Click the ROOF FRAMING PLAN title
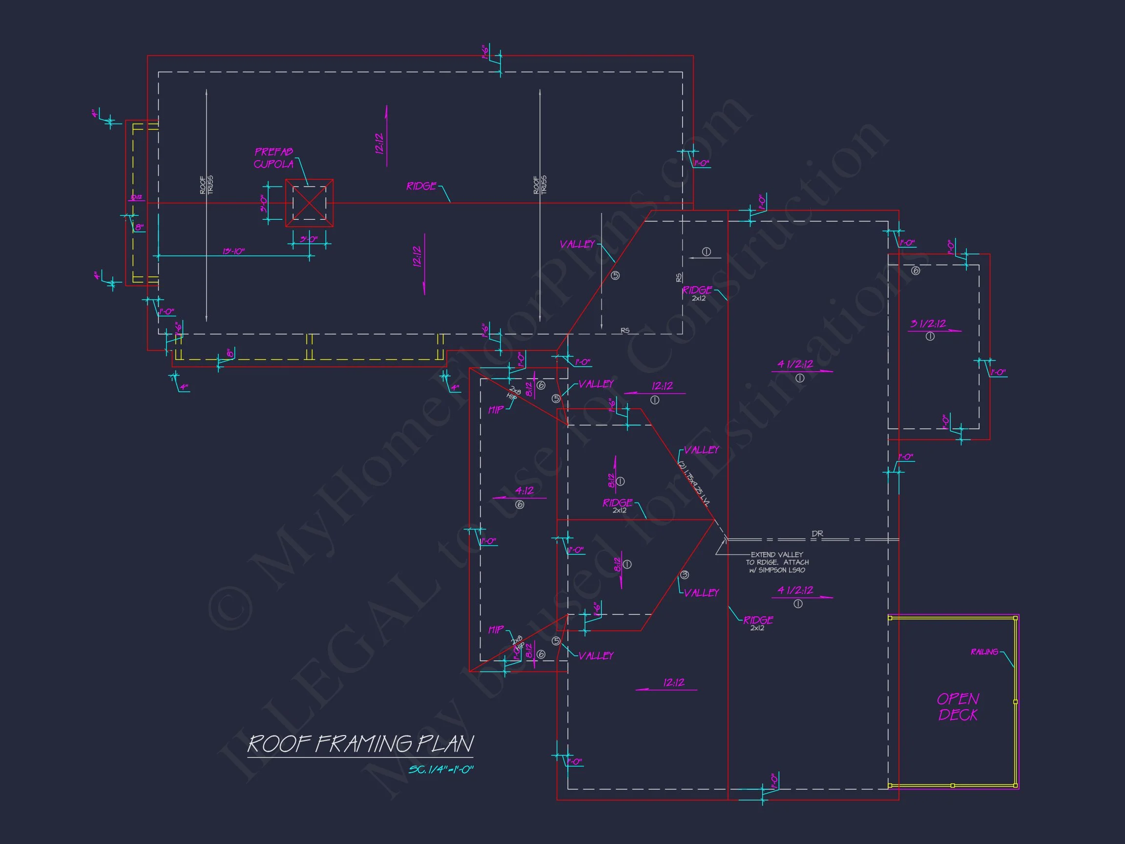point(360,744)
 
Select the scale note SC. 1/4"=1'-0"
point(440,770)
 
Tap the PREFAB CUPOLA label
point(273,158)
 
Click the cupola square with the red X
point(309,203)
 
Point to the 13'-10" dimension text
point(233,252)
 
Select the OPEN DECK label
point(958,707)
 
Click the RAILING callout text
point(984,652)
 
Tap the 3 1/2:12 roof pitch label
point(928,323)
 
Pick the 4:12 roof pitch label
point(524,491)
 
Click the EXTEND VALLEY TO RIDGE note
point(777,562)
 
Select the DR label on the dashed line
point(817,534)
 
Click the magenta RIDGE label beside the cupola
point(421,186)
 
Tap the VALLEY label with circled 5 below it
point(577,244)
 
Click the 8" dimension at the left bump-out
point(139,228)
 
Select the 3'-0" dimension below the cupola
point(308,239)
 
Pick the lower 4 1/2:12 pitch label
point(795,590)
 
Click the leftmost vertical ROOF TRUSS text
point(207,185)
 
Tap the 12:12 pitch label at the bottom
point(674,683)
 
